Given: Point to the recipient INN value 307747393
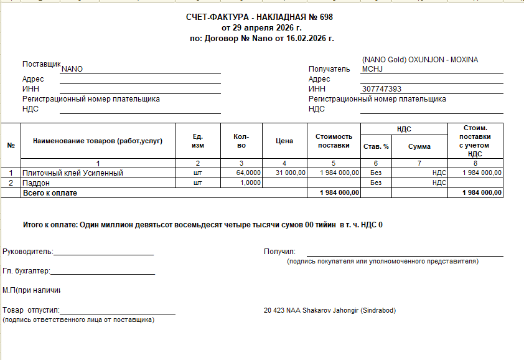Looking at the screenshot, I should click(381, 89).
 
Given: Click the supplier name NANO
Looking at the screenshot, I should click(72, 69).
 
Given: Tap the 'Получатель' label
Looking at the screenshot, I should click(330, 69).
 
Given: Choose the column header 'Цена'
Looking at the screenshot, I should click(284, 141).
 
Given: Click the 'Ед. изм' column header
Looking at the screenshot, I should click(198, 141).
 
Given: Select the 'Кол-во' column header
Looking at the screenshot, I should click(241, 141).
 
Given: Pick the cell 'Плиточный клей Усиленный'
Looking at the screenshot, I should click(73, 173).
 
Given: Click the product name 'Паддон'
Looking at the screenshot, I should click(35, 183).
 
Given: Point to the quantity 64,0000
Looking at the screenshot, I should click(248, 173).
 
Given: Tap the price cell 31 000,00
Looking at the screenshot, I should click(291, 173).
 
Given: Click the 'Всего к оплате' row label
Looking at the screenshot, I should click(50, 193).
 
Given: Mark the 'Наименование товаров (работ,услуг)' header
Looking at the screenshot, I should click(98, 141).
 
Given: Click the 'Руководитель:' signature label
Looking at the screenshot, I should click(28, 252).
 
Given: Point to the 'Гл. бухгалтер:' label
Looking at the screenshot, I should click(26, 271).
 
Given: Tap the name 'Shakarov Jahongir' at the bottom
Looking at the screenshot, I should click(330, 310).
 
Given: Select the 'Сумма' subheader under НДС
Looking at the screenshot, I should click(419, 147).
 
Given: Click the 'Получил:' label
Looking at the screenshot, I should click(279, 252).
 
